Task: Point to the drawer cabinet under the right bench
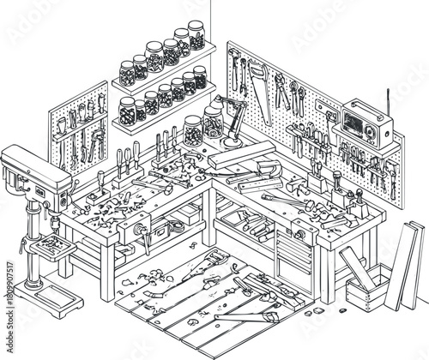point(292,257)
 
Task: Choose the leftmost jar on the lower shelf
point(127,111)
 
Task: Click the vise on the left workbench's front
point(140,229)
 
